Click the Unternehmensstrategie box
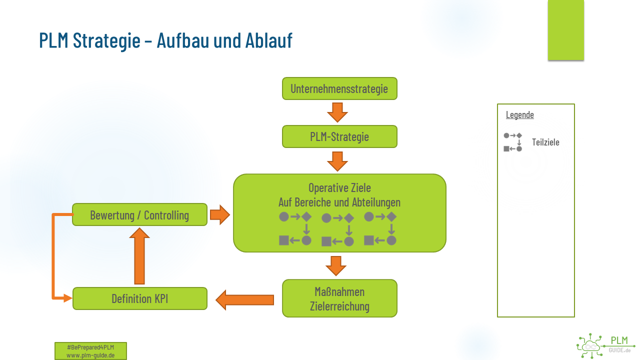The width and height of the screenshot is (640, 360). (339, 88)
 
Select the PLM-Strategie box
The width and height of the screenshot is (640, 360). (339, 136)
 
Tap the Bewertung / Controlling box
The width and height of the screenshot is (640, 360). (139, 215)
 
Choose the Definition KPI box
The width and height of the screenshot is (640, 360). (139, 298)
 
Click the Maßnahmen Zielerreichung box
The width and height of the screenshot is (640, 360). (339, 298)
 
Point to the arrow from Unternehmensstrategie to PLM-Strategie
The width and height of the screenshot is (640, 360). (337, 112)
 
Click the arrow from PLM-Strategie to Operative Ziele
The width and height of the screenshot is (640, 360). (337, 160)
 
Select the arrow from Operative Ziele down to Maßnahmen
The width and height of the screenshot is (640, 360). (336, 265)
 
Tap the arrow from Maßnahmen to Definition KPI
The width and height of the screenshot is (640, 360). (244, 299)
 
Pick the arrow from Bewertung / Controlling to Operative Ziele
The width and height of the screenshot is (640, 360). (219, 215)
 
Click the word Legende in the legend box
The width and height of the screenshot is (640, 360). (520, 114)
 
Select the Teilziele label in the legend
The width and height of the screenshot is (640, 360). (545, 142)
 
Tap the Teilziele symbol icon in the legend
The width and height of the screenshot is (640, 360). (513, 142)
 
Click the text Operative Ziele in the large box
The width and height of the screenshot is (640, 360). (339, 188)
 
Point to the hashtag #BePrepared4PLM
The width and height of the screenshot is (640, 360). (90, 347)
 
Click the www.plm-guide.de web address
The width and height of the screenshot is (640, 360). (90, 355)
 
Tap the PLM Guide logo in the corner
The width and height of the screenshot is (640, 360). (605, 345)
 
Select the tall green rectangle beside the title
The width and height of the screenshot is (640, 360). (565, 30)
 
